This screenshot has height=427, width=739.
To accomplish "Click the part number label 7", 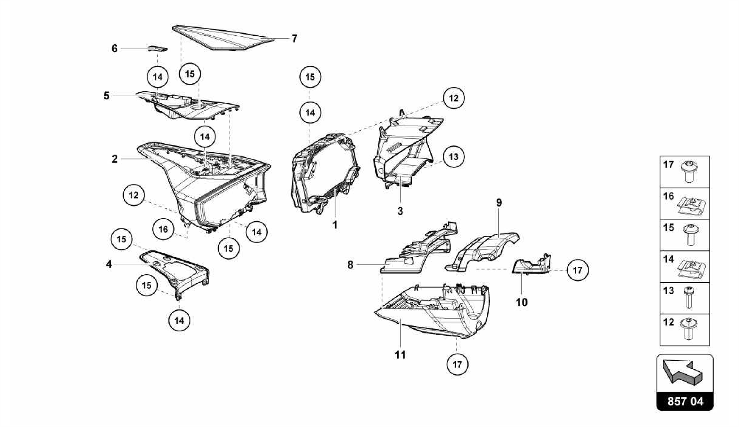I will pos(294,39).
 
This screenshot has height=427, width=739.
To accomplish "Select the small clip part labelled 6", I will pos(158,48).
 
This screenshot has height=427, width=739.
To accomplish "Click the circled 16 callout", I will pos(163,229).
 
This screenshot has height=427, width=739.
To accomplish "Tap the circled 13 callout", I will pos(454,157).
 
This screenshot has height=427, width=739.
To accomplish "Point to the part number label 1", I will pos(335,225).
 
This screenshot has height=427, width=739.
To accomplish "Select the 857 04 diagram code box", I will pos(685,401).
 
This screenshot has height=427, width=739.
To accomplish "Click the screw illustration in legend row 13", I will pos(689,298).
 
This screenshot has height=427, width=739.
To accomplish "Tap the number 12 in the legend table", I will pos(669,322).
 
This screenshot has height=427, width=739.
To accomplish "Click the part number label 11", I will pos(400,355).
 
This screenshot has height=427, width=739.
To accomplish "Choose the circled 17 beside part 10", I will pos(578,270).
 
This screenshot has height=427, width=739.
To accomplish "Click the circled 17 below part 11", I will pos(457,365).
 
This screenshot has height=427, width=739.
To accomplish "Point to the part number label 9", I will pos(499,203).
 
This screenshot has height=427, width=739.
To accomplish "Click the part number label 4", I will pos(109,265).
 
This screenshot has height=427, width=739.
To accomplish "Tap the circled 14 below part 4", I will pos(179,321).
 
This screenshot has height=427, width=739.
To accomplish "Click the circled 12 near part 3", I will pos(454,98).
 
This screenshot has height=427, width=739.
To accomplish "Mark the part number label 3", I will pos(400,212).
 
